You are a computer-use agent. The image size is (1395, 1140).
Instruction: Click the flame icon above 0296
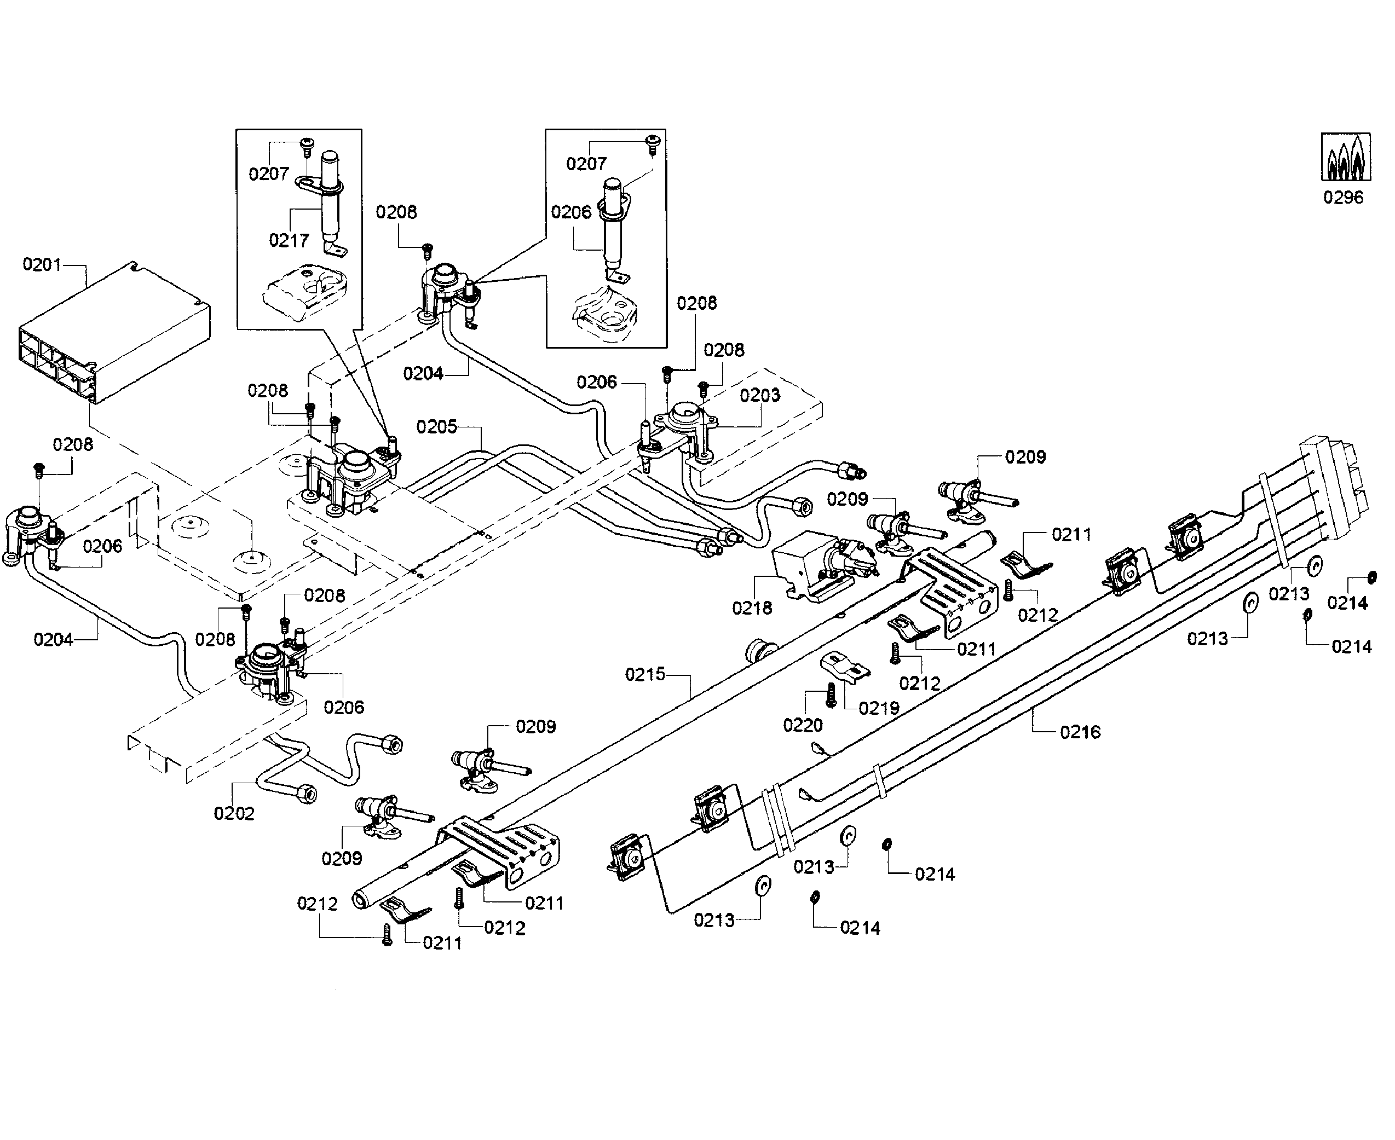(x=1346, y=157)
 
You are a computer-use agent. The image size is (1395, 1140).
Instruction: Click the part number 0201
(x=42, y=265)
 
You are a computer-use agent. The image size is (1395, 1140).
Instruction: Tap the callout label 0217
(x=289, y=240)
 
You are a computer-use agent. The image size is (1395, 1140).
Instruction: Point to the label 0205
(x=437, y=427)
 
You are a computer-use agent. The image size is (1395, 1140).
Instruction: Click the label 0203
(x=760, y=395)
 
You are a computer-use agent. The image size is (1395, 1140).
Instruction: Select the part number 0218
(x=752, y=608)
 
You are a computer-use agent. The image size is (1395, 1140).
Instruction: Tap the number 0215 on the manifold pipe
(x=645, y=674)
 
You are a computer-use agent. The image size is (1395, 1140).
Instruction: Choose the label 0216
(x=1080, y=732)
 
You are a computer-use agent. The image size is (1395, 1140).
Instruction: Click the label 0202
(x=234, y=814)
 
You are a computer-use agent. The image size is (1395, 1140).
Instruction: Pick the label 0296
(x=1343, y=198)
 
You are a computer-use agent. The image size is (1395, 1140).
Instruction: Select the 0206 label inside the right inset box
(x=570, y=212)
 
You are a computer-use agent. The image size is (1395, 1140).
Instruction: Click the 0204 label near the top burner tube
(x=423, y=374)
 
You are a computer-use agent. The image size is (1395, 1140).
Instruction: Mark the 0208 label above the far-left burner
(x=73, y=444)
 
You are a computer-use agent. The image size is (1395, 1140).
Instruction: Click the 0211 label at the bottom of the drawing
(x=442, y=943)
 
